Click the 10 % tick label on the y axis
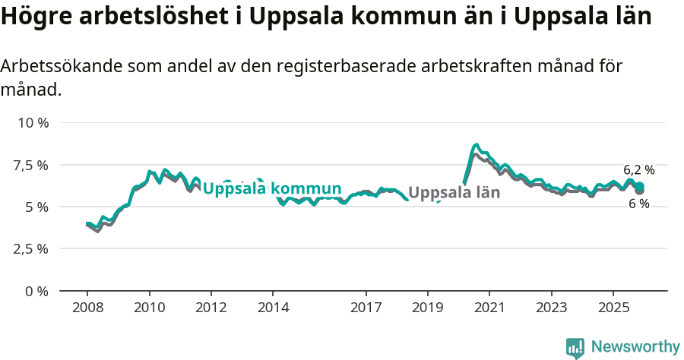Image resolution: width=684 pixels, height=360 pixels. coord(33,123)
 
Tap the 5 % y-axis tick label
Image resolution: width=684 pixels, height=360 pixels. coord(36,207)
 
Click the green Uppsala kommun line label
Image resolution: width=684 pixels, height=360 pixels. coord(271,189)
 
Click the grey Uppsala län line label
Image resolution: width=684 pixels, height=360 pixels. coord(454,192)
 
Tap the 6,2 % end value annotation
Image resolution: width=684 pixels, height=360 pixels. coord(638,170)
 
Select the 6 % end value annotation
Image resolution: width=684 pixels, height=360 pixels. coord(638,204)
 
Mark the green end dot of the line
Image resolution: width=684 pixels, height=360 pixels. coord(640,186)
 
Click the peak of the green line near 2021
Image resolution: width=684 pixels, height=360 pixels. coord(476,144)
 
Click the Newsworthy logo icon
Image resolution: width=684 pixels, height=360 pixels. coord(575,348)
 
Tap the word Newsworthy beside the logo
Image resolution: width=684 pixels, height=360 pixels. coord(635,347)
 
